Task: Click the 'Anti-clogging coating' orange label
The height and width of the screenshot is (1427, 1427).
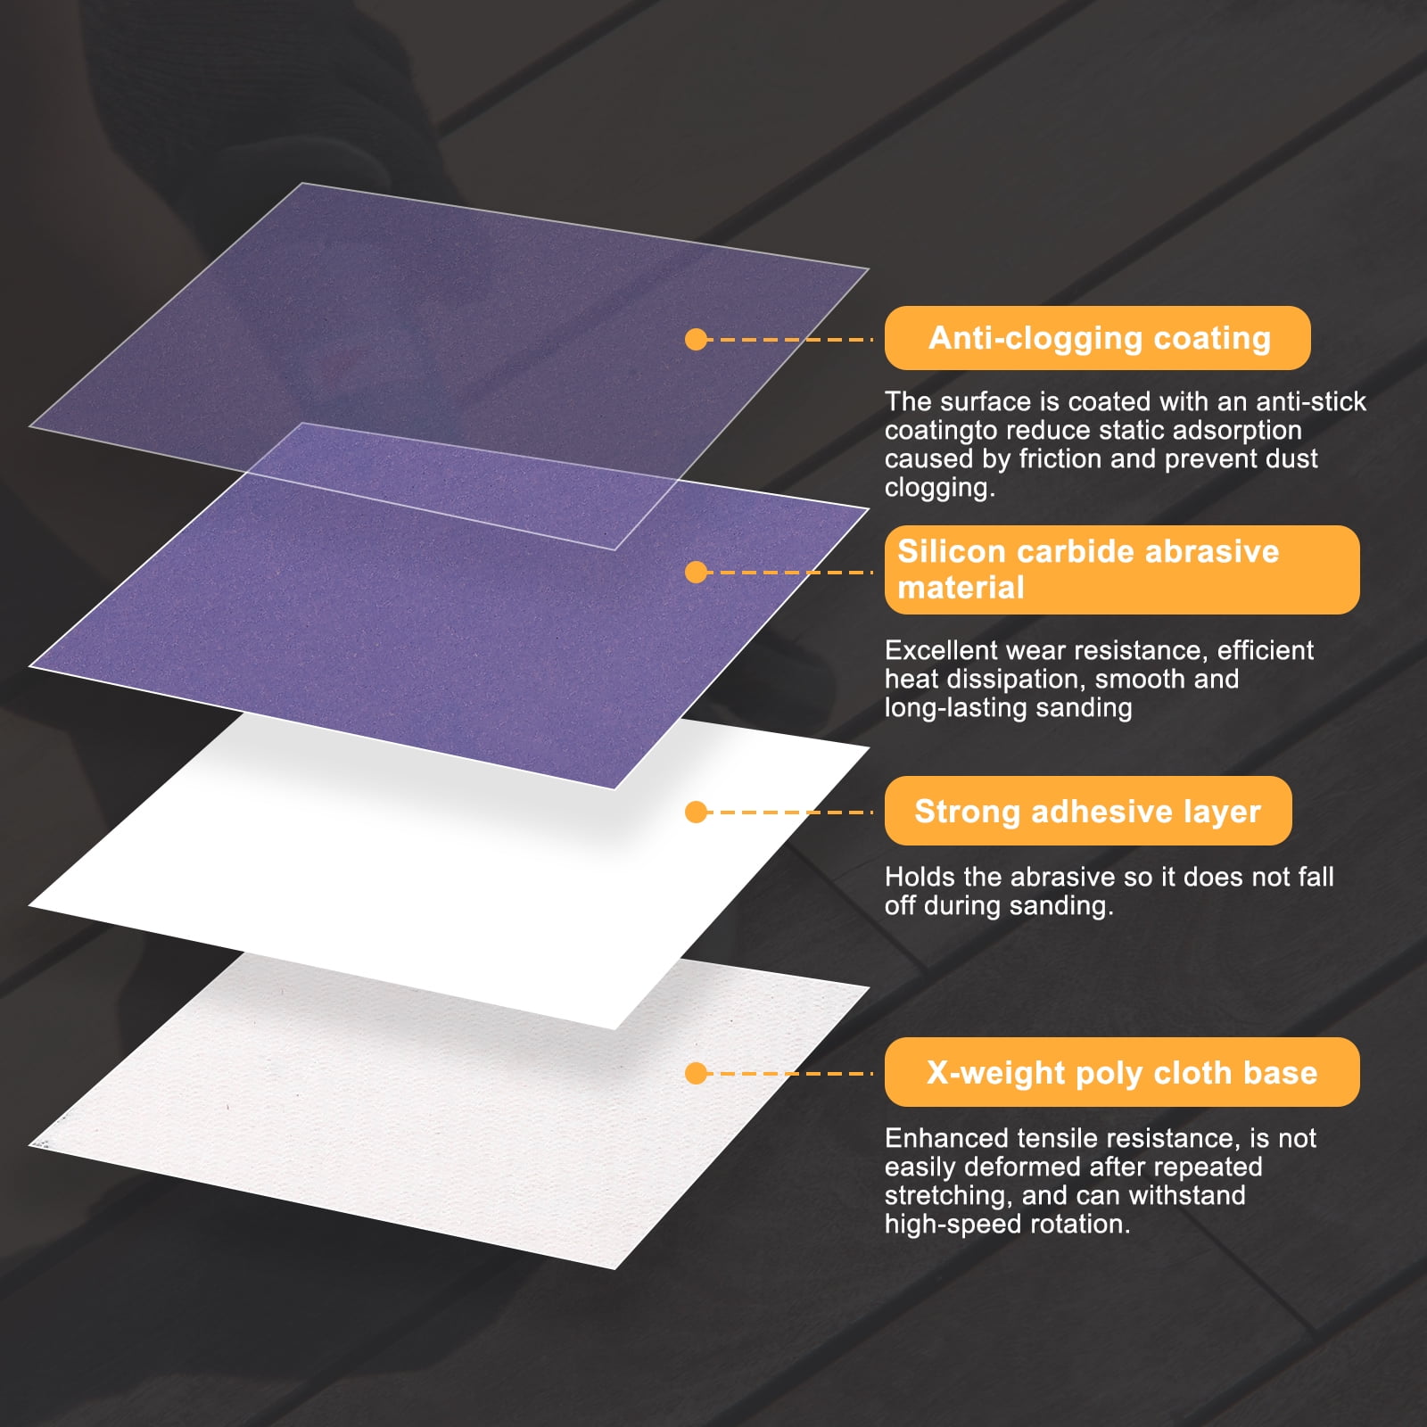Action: (x=1097, y=338)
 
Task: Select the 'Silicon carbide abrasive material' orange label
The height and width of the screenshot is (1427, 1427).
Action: (x=1122, y=570)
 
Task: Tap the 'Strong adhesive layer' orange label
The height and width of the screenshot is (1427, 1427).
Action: (x=1088, y=811)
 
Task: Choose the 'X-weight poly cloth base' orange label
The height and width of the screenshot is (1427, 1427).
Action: (x=1122, y=1072)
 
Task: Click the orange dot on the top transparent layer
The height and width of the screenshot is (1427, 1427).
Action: (x=697, y=339)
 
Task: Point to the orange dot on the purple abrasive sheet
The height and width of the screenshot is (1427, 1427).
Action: (x=697, y=572)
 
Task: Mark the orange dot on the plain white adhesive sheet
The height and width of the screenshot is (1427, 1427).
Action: (x=697, y=812)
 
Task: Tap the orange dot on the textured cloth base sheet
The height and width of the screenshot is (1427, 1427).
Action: (x=697, y=1073)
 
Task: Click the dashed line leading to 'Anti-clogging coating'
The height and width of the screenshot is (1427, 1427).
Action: (x=790, y=339)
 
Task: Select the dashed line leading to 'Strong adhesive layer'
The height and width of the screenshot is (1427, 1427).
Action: (x=790, y=812)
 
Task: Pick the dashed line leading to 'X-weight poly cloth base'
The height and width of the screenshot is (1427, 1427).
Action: (x=790, y=1073)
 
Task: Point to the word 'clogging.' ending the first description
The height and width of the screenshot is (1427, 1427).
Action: (x=940, y=488)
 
